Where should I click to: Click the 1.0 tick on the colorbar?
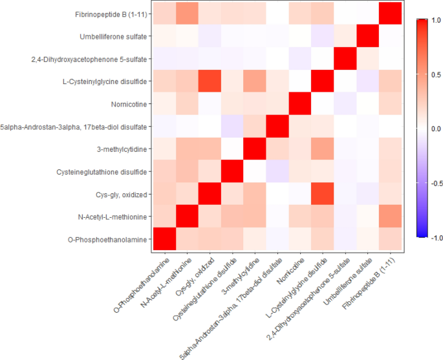pyautogui.click(x=433, y=20)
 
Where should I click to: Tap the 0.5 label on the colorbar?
pyautogui.click(x=433, y=74)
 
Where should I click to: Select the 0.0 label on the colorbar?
pyautogui.click(x=433, y=128)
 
